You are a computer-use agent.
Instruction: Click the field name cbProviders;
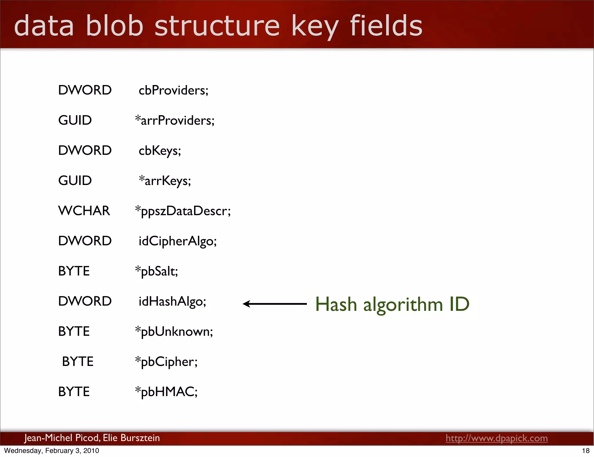point(173,90)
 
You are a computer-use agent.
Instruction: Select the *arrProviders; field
point(175,121)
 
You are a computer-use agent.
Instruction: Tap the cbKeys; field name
point(160,151)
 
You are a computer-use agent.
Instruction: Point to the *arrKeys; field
point(165,181)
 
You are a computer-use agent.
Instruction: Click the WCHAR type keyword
point(84,211)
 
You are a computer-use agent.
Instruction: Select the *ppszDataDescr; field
point(183,211)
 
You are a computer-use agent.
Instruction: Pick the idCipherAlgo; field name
point(178,241)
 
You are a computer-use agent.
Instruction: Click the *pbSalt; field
point(156,271)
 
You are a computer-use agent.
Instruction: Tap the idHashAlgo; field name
point(172,302)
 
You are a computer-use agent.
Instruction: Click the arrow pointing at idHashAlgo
point(274,304)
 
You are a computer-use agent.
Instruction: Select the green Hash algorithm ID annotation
point(392,304)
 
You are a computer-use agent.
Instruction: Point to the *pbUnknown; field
point(174,332)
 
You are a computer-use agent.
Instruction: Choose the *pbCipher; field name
point(166,362)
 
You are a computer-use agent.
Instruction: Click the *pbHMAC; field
point(166,392)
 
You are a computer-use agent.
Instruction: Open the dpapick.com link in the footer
point(497,438)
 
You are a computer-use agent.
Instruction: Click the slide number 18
point(586,451)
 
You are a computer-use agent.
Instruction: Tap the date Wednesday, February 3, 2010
point(52,451)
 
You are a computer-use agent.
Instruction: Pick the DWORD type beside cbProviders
point(85,90)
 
